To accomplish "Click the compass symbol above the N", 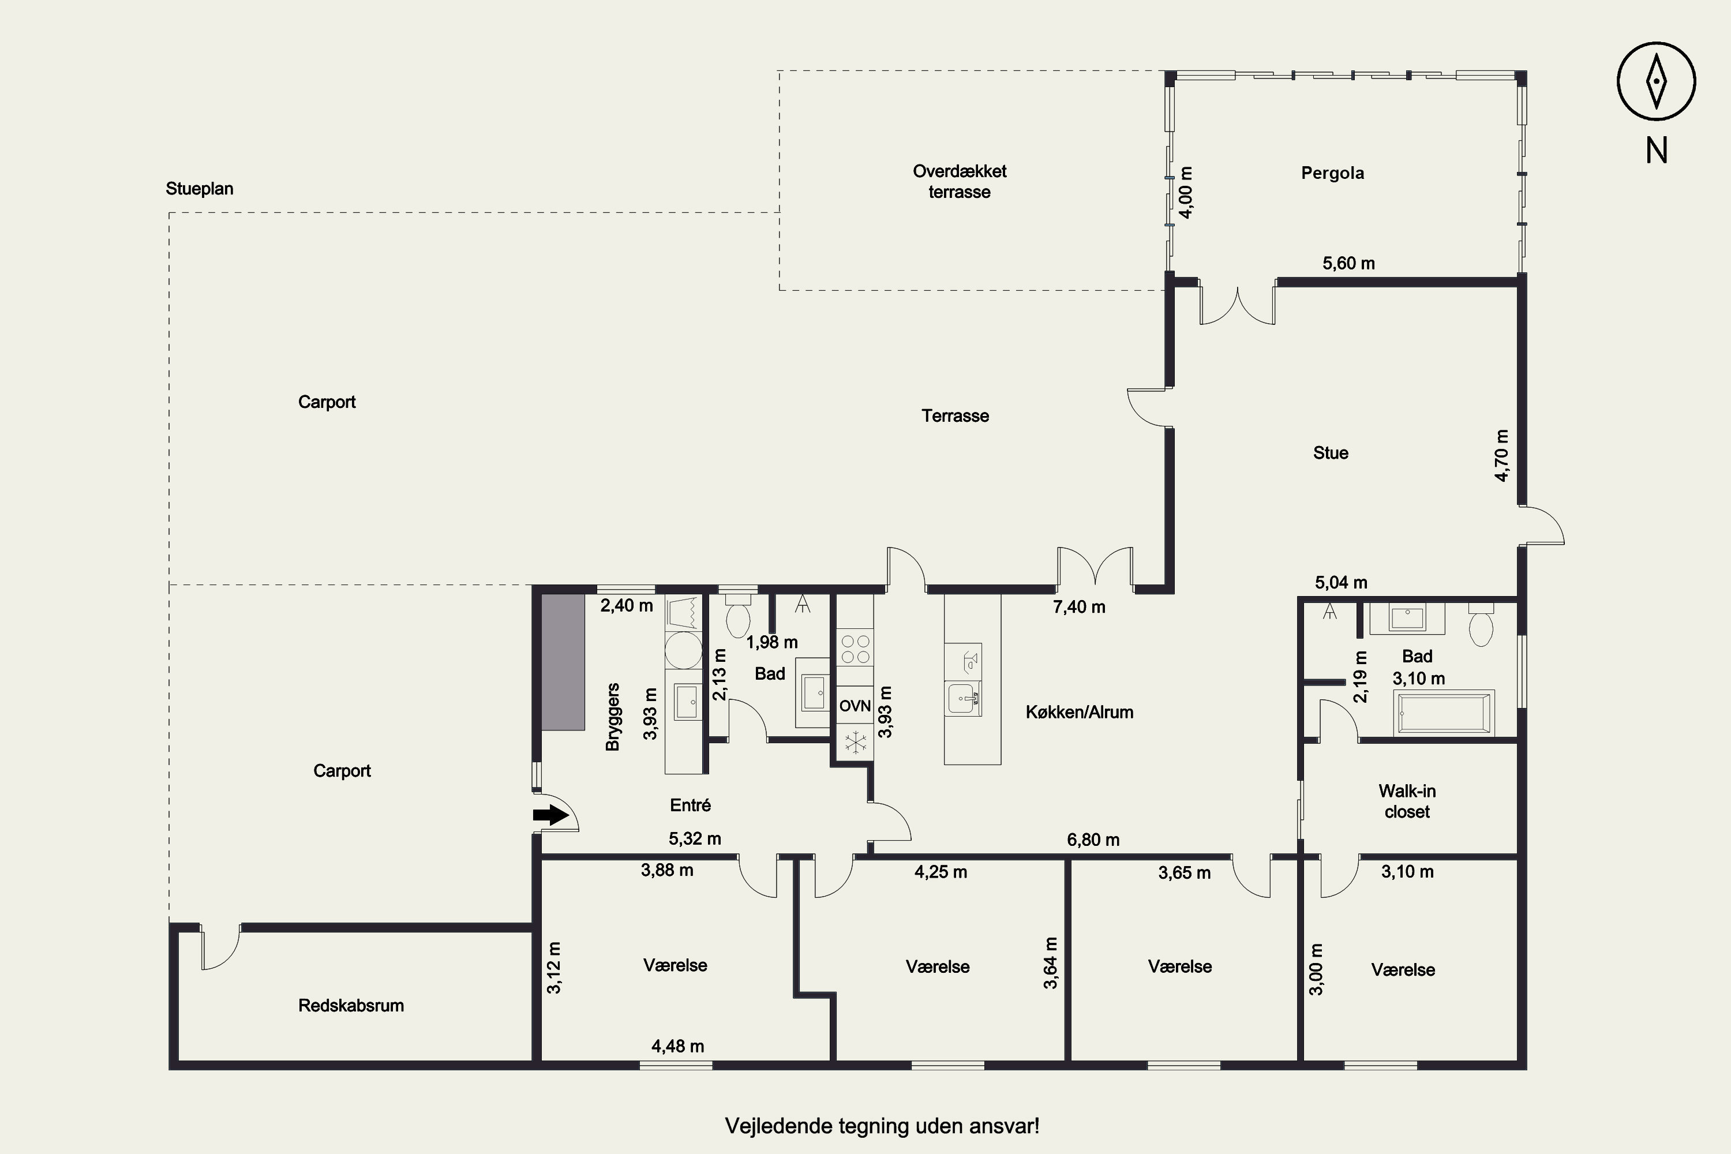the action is [x=1656, y=81].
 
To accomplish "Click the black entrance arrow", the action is [x=551, y=815].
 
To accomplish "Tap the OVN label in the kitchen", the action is [x=855, y=706].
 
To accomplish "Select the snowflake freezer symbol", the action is [x=855, y=742].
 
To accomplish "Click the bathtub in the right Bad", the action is [x=1446, y=713].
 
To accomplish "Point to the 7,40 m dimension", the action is [x=1079, y=607].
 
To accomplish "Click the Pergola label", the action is [x=1332, y=173].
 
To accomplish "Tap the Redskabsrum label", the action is [x=351, y=1005].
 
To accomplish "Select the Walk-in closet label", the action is [x=1407, y=801].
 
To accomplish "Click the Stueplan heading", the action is [x=200, y=189].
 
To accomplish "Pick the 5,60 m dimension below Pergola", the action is [x=1348, y=264].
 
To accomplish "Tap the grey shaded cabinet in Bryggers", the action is [x=563, y=662].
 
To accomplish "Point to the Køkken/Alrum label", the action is [x=1080, y=711].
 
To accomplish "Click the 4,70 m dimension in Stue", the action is [x=1502, y=456].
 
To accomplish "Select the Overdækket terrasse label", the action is [x=960, y=181].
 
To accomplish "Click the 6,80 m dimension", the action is [x=1093, y=840].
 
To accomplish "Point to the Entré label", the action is [x=690, y=805].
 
